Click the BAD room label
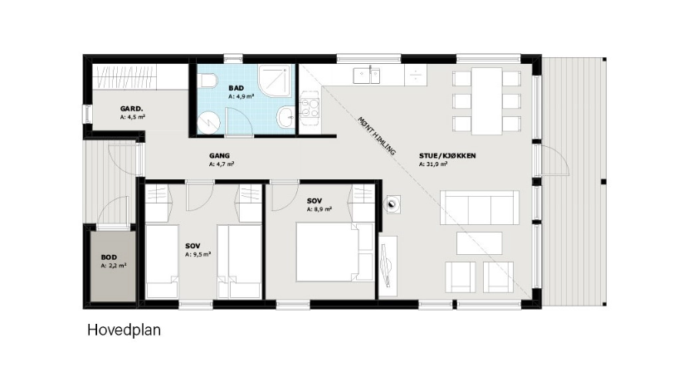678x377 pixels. (x=236, y=88)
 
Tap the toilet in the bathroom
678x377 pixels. (x=207, y=80)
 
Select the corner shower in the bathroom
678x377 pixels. (x=276, y=81)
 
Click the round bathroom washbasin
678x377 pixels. (x=285, y=117)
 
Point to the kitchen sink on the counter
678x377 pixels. (x=367, y=76)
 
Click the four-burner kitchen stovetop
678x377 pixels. (x=310, y=108)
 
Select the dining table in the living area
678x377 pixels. (x=487, y=101)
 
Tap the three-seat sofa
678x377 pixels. (x=480, y=208)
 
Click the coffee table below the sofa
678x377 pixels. (x=480, y=243)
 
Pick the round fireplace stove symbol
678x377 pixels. (x=393, y=205)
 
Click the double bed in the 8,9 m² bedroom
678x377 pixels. (x=334, y=252)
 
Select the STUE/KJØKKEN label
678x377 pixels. (x=447, y=156)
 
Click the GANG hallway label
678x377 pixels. (x=220, y=156)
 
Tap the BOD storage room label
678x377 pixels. (x=109, y=257)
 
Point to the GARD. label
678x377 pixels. (x=132, y=109)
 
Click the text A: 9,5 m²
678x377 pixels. (x=198, y=254)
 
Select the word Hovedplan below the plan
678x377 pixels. (x=124, y=330)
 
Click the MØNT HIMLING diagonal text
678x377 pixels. (x=377, y=136)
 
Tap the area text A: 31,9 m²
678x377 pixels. (x=433, y=164)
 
